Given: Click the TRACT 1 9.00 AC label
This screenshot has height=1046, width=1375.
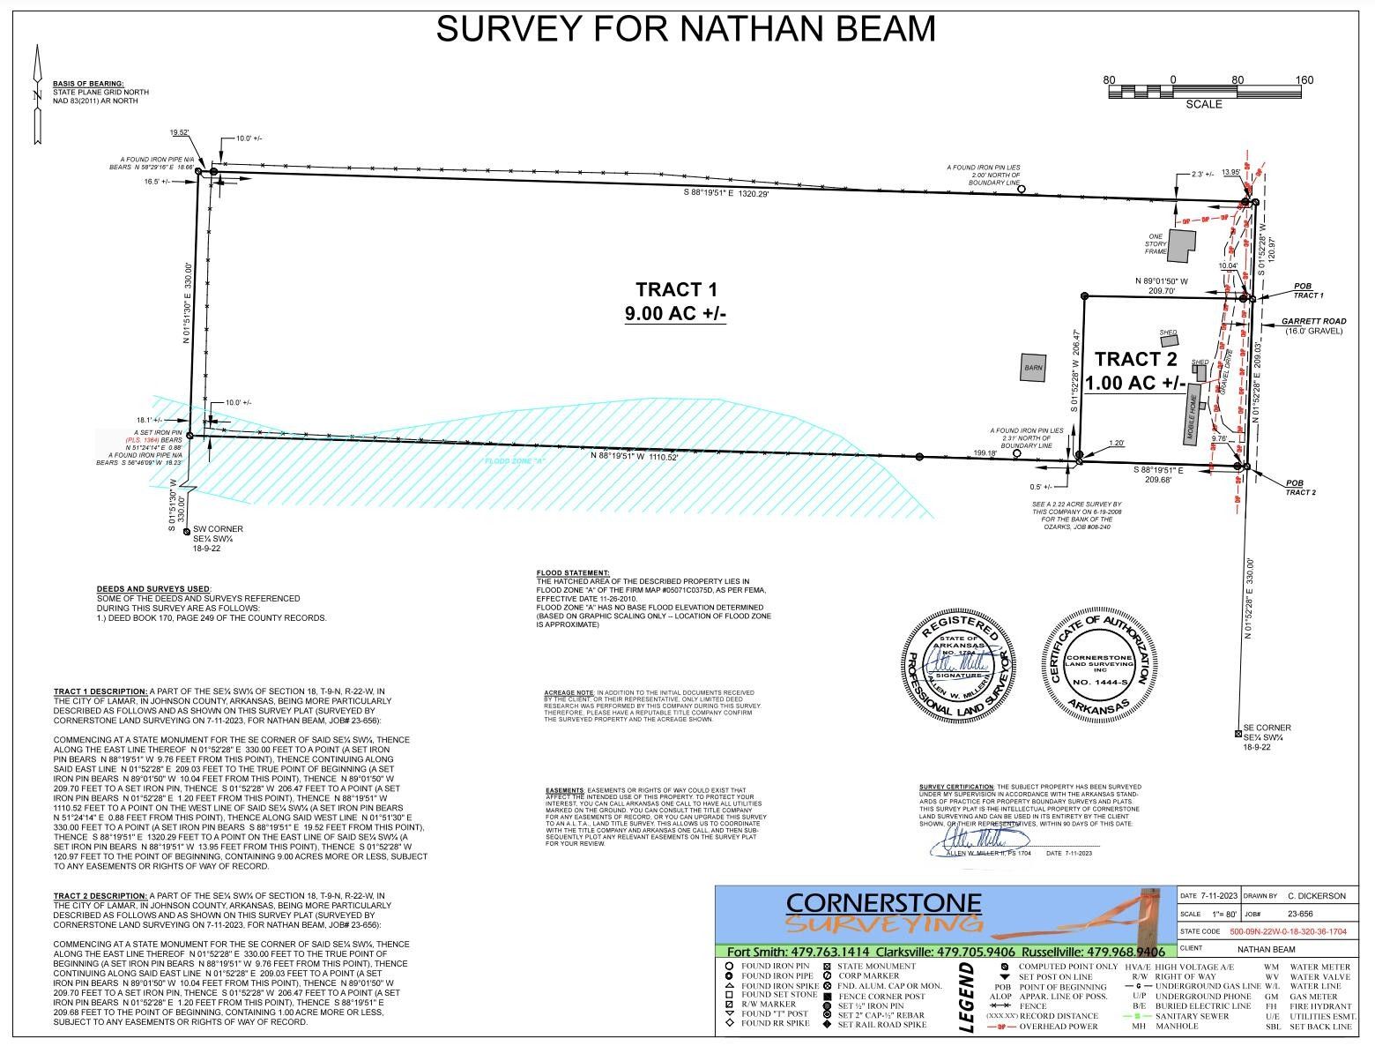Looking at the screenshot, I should coord(676,301).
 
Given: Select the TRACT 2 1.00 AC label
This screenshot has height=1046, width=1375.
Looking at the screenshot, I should coord(1135,370).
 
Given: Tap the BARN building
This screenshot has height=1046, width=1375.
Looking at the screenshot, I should coord(1032,368).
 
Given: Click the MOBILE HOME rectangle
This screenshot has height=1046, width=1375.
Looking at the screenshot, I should coord(1193,415).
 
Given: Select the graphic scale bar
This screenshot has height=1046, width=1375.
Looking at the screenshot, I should coord(1204,91).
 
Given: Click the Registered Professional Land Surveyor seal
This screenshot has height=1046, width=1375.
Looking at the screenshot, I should coord(954,663).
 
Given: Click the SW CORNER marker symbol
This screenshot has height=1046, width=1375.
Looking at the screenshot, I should coord(185,531).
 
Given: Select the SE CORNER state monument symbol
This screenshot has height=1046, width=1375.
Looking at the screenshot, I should coord(1237,734).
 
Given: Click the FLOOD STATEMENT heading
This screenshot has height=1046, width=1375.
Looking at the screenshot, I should coord(573,573).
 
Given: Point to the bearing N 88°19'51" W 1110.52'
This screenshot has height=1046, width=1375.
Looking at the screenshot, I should coord(635,457).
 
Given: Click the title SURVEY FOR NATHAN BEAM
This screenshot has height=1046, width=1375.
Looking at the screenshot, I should coord(686,28).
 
